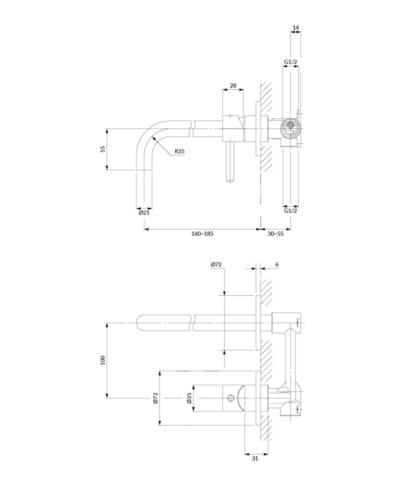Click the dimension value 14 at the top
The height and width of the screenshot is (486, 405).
(x=296, y=27)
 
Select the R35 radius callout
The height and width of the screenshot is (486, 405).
(x=179, y=151)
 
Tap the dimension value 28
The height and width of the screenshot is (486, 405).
(x=233, y=85)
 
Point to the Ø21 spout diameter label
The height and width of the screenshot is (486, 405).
(x=144, y=213)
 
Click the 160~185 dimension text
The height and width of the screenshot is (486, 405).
(x=202, y=233)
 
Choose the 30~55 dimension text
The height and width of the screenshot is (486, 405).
(x=275, y=233)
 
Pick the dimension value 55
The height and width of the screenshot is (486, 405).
(x=103, y=149)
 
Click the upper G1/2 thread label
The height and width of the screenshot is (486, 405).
(x=290, y=62)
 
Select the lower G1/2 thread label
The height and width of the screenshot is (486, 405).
(x=290, y=211)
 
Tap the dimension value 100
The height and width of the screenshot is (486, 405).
(x=103, y=360)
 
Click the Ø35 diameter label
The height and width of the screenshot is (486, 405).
(x=190, y=398)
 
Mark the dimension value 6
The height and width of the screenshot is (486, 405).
(x=277, y=264)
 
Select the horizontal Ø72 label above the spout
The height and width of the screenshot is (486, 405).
(x=216, y=264)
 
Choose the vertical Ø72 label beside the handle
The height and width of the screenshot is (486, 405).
(x=155, y=398)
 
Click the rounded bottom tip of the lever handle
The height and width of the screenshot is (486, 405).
(x=231, y=181)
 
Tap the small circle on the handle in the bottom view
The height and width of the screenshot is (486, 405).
(x=230, y=398)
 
